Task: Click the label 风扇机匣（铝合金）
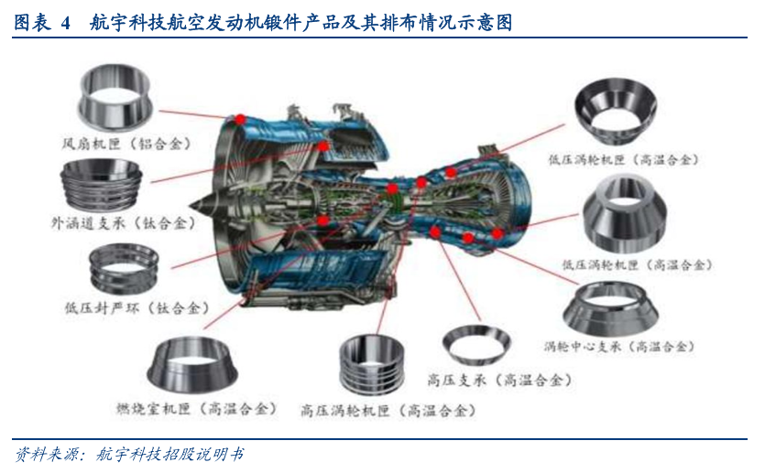click(126, 144)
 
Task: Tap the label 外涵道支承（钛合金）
click(124, 223)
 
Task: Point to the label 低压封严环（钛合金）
click(137, 308)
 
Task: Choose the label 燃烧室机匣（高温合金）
click(196, 408)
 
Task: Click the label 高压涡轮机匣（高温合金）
click(388, 411)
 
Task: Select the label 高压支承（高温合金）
click(499, 380)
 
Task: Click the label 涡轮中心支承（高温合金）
click(618, 347)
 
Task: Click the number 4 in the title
click(66, 22)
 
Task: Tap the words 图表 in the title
click(32, 22)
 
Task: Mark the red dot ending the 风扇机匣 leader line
click(240, 119)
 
